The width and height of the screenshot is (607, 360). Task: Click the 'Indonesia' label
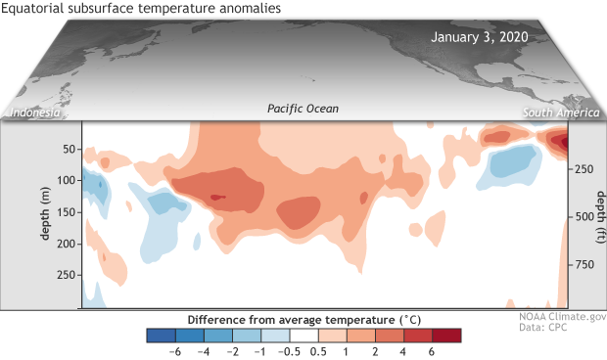(x=36, y=113)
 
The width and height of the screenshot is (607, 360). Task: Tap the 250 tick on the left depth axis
(x=64, y=277)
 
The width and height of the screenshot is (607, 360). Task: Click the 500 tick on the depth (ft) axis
(x=583, y=217)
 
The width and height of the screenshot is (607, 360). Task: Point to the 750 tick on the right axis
(x=583, y=264)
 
